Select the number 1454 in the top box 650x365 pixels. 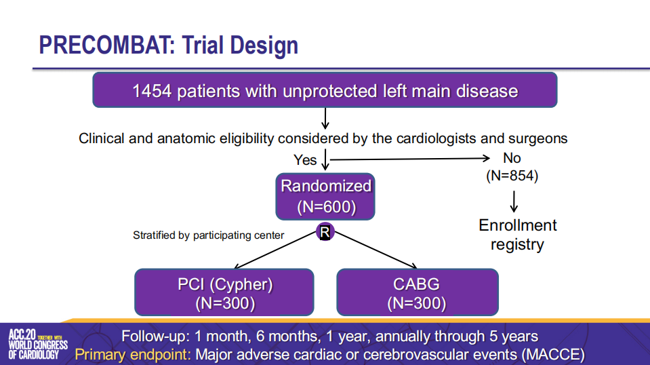click(152, 91)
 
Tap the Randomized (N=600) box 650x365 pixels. click(325, 197)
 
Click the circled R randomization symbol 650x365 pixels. click(325, 232)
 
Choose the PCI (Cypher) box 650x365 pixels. click(224, 292)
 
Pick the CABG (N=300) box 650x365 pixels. click(418, 292)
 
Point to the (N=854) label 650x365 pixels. click(512, 176)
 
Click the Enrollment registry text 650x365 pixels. click(517, 235)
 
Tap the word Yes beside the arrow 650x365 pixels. click(305, 160)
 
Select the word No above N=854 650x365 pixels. click(512, 158)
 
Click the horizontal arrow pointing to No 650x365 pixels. click(410, 159)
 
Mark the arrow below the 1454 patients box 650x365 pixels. click(325, 119)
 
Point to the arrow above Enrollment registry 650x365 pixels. click(514, 201)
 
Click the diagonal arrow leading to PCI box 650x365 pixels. click(275, 250)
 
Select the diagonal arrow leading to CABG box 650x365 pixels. click(375, 250)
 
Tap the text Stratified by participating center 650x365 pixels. click(209, 235)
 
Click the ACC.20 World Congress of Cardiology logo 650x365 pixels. click(38, 344)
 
